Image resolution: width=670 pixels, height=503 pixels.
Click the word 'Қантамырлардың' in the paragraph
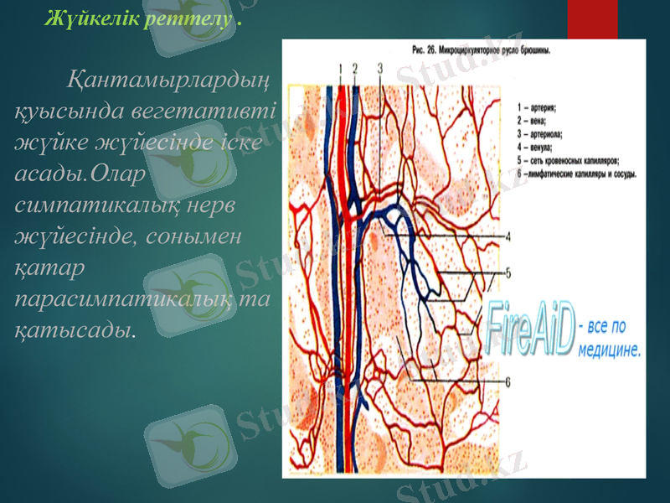point(167,82)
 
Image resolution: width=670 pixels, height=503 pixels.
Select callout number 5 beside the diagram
point(508,272)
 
